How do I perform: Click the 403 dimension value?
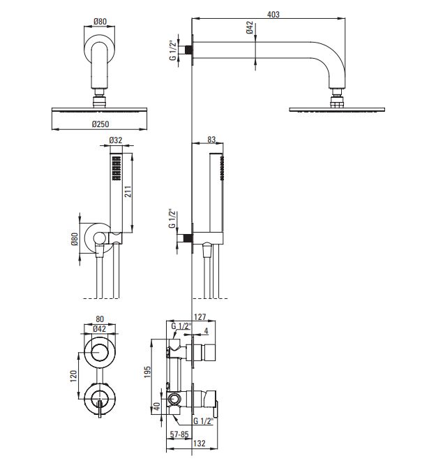273,15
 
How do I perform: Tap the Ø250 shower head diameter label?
100,124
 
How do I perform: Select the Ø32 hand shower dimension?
116,140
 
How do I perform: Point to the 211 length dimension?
128,191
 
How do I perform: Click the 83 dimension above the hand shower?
211,140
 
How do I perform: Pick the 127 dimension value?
200,316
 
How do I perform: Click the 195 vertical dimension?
147,372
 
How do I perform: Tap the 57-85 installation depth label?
179,434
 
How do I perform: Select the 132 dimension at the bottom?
199,444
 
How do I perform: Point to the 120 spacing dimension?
73,376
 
